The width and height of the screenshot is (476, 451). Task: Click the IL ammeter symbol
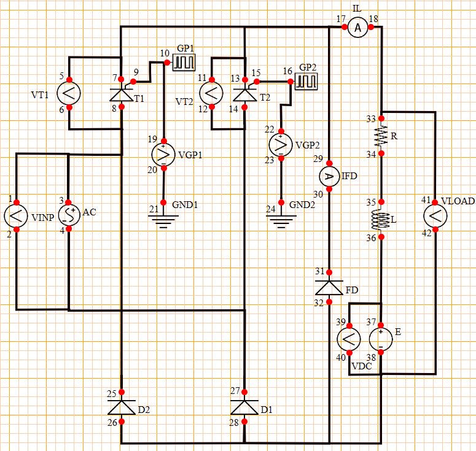pyautogui.click(x=359, y=27)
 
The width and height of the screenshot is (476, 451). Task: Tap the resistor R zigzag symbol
pyautogui.click(x=381, y=136)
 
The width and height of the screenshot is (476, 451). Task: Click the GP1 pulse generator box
pyautogui.click(x=183, y=61)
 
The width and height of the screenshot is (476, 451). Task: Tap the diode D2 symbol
pyautogui.click(x=122, y=407)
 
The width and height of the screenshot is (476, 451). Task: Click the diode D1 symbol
pyautogui.click(x=244, y=407)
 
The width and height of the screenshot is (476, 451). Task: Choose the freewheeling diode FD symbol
pyautogui.click(x=329, y=287)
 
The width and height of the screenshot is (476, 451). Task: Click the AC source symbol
pyautogui.click(x=69, y=215)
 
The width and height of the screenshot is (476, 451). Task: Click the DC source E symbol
pyautogui.click(x=380, y=338)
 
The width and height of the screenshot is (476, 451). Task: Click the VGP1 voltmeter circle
pyautogui.click(x=163, y=155)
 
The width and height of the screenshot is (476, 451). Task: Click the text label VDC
pyautogui.click(x=362, y=367)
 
